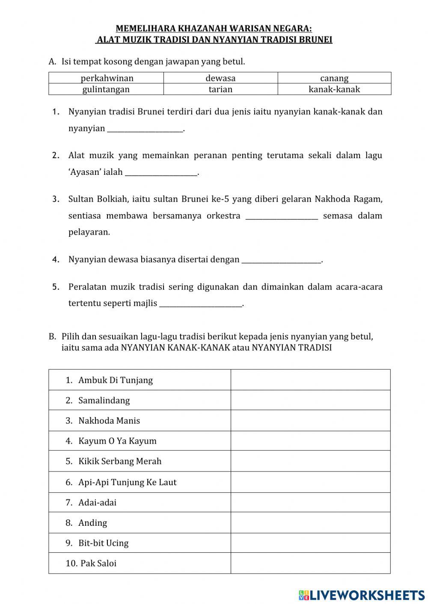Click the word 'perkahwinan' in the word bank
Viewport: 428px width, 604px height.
[107, 78]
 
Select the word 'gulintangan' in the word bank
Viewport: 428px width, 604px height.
[106, 89]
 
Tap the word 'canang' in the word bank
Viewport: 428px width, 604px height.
[334, 78]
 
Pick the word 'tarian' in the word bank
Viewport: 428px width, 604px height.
[220, 89]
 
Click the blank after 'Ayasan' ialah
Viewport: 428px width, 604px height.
[161, 173]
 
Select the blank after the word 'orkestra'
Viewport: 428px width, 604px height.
[282, 216]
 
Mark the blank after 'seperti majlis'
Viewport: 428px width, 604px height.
[200, 304]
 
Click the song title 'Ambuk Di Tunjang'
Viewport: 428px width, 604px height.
[115, 380]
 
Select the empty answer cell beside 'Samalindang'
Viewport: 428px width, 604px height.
[310, 400]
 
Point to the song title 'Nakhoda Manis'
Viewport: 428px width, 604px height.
[109, 421]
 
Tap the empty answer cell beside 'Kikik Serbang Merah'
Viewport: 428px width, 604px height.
[310, 461]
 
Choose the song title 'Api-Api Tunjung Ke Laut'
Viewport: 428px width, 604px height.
[127, 482]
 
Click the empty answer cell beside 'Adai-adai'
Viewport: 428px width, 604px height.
[310, 502]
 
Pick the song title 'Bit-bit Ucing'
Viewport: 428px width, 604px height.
[103, 543]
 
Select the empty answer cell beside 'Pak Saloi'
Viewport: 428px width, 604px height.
[310, 563]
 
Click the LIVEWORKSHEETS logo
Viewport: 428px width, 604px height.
[362, 595]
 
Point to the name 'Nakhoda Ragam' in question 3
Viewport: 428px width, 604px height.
[348, 199]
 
